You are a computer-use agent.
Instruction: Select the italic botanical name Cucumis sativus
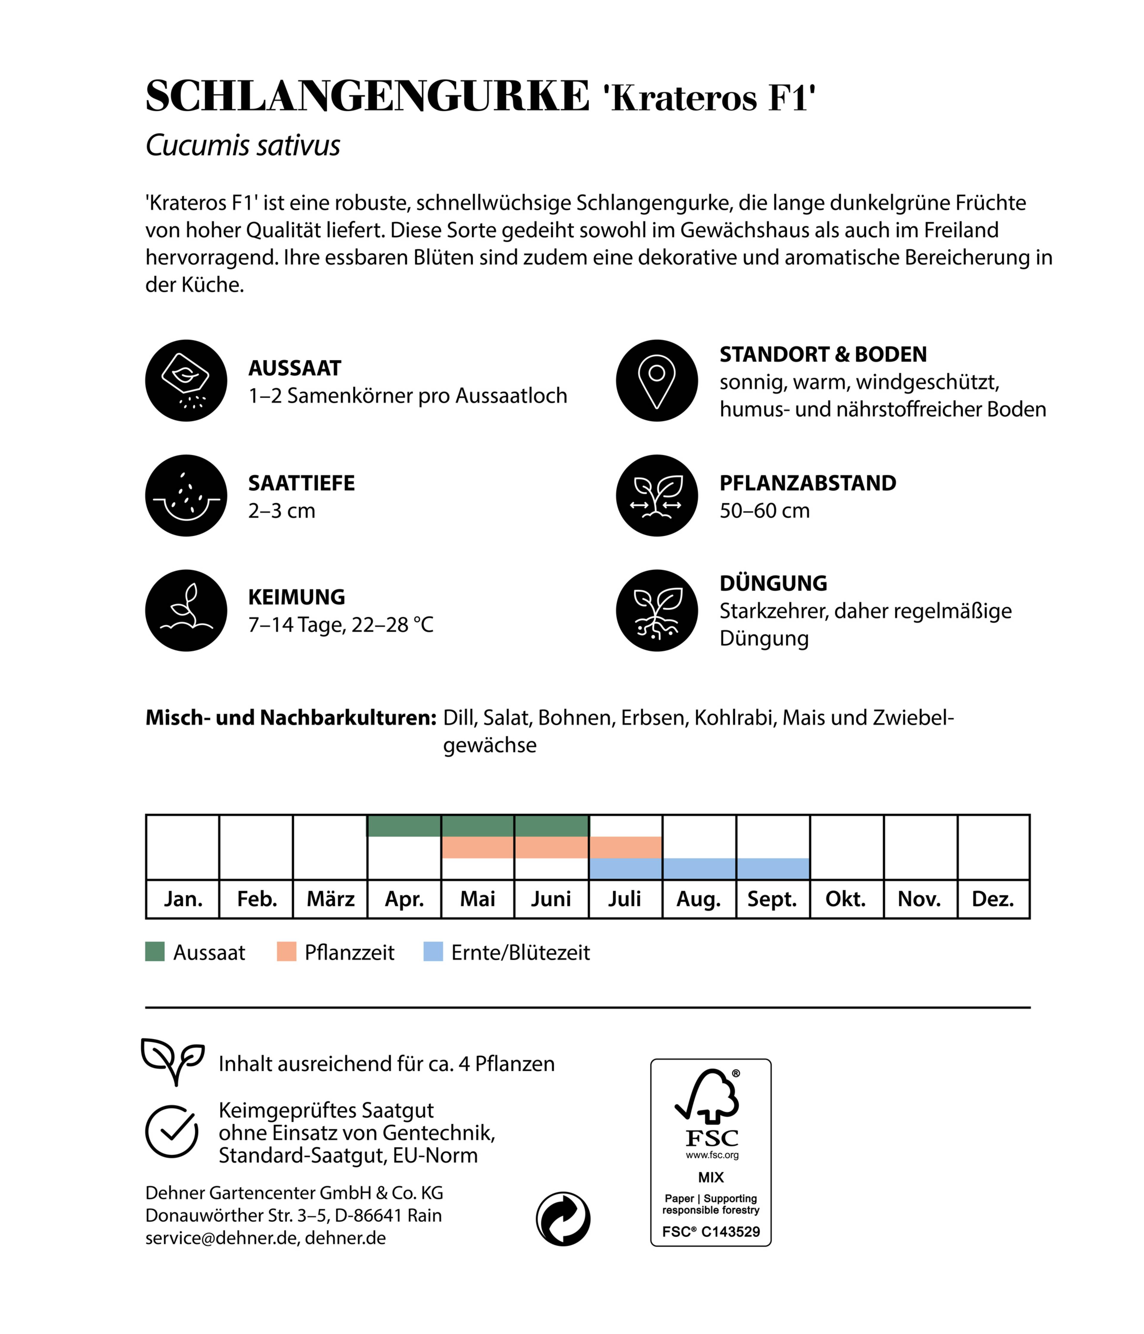(243, 146)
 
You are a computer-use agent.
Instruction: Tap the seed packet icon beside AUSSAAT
(186, 381)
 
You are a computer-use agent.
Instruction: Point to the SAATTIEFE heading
(301, 483)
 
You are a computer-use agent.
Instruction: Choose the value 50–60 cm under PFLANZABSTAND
(764, 511)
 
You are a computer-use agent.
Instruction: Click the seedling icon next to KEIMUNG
(186, 610)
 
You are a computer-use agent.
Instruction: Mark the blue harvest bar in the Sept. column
(772, 869)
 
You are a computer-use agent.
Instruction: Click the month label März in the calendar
(330, 899)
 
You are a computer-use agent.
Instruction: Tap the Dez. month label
(993, 899)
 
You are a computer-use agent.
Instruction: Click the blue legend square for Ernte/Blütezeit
(433, 952)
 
